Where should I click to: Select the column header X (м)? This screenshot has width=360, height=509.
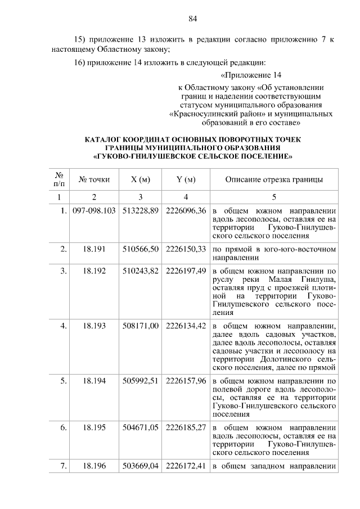(x=141, y=180)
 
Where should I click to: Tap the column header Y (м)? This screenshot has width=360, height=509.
(x=186, y=180)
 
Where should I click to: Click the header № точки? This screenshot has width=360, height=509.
(x=94, y=180)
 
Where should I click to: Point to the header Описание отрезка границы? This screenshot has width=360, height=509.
(x=274, y=180)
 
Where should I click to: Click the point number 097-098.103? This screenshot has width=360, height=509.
(x=94, y=210)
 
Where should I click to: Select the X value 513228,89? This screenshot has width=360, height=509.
(x=141, y=210)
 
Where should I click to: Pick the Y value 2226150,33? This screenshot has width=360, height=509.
(x=186, y=248)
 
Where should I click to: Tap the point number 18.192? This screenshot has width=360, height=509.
(x=94, y=271)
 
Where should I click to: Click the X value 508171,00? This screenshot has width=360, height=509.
(x=141, y=325)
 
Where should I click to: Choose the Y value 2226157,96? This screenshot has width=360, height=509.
(x=186, y=380)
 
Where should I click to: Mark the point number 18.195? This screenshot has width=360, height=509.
(x=94, y=427)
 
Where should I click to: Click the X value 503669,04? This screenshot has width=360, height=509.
(x=141, y=465)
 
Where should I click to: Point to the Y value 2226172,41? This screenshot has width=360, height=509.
(x=186, y=465)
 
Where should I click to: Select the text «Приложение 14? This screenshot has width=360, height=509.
(x=250, y=75)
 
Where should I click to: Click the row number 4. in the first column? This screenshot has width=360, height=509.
(x=64, y=325)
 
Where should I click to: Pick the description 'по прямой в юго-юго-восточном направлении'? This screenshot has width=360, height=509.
(x=274, y=253)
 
